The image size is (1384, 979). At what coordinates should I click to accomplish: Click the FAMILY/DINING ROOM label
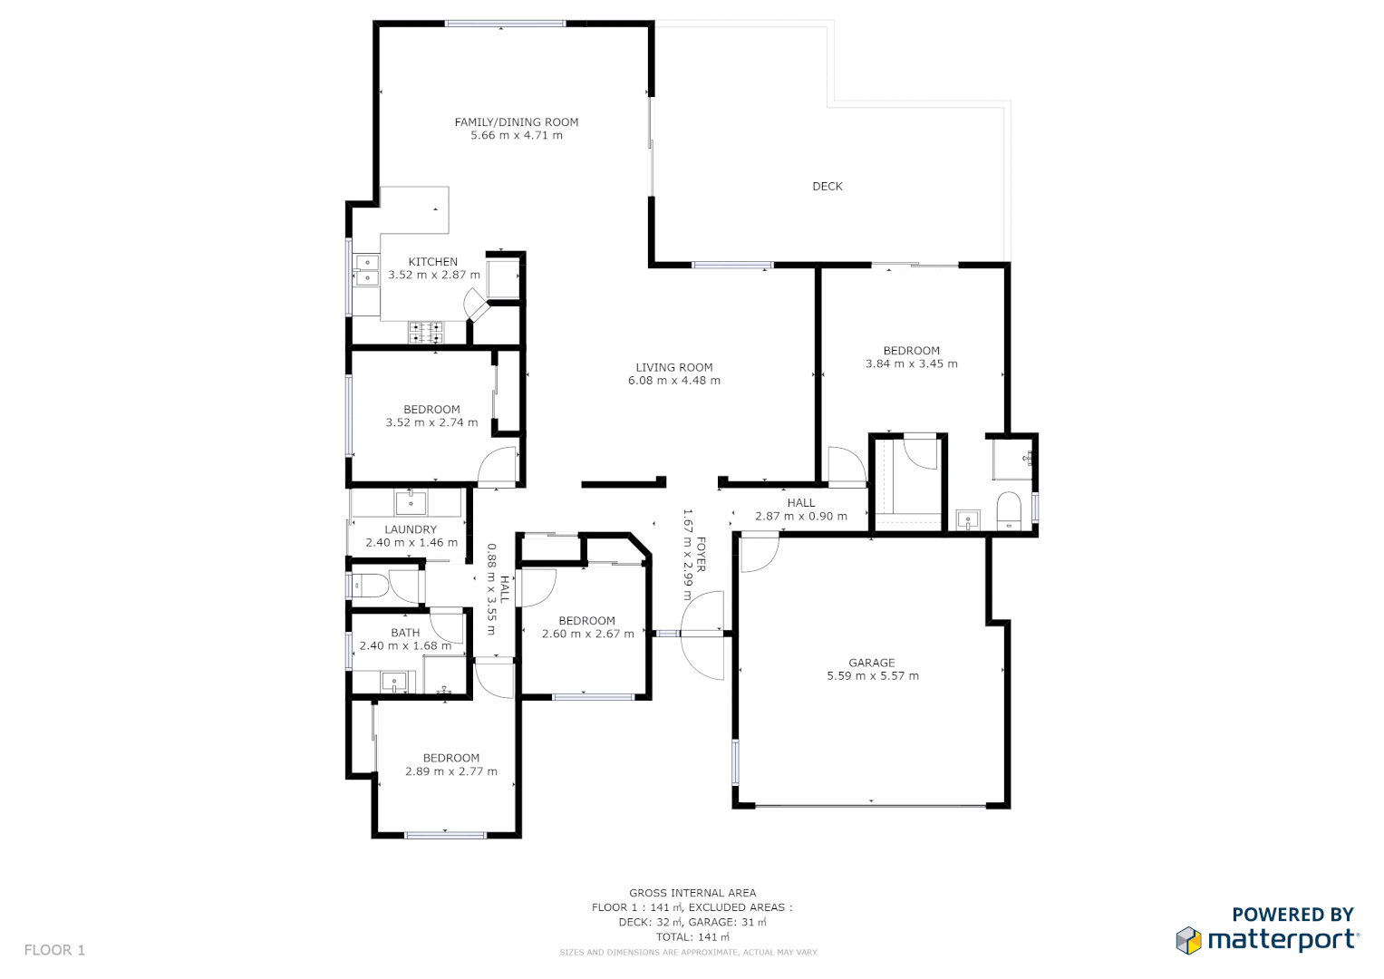516,122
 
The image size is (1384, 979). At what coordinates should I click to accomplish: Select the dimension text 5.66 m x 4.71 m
516,136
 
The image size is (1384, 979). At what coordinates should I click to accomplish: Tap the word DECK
827,187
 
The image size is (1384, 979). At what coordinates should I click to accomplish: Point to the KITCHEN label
432,262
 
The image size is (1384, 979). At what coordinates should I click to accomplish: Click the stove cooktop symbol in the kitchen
425,333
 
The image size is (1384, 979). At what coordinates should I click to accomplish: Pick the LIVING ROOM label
673,368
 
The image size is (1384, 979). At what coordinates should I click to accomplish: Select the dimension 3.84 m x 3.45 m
911,364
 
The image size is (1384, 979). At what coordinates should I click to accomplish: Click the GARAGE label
871,664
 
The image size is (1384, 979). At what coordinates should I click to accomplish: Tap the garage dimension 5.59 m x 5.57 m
872,676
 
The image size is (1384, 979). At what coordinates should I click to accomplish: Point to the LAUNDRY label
410,530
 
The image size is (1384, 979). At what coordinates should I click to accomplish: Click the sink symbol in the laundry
411,502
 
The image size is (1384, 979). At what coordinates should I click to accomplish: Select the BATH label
405,634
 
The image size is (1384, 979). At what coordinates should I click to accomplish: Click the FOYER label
701,554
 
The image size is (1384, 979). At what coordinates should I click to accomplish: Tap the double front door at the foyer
703,634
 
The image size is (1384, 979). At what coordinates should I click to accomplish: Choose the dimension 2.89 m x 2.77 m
450,772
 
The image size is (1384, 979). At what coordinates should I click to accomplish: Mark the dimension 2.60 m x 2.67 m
587,635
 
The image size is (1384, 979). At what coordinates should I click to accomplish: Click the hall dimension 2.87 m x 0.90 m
800,517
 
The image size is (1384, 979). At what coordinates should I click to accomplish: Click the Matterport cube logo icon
1188,940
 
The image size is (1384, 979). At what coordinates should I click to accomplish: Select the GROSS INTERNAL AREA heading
692,893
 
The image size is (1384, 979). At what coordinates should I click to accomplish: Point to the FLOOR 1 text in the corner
54,950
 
